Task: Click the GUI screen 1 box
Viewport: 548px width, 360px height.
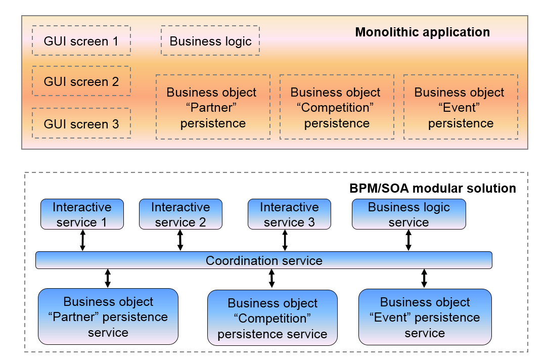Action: click(81, 40)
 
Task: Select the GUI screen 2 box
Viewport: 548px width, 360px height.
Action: click(81, 81)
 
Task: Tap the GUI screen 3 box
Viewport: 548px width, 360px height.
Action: click(81, 123)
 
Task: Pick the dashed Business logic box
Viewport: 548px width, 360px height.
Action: click(210, 41)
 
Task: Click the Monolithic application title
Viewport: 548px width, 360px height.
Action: click(422, 32)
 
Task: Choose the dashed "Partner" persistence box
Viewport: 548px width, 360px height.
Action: click(213, 107)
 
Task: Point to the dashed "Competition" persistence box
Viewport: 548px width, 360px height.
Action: click(337, 107)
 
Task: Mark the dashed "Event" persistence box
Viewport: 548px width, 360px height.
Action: click(461, 107)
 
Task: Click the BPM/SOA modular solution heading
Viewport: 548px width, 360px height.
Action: click(433, 189)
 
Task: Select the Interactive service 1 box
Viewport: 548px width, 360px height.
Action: click(82, 214)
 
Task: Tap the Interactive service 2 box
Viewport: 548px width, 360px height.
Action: click(180, 214)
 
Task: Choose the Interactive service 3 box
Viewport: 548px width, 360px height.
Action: click(289, 214)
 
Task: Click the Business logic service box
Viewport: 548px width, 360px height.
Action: click(408, 214)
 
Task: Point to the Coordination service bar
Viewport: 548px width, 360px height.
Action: click(264, 260)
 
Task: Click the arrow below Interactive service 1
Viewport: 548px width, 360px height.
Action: click(83, 240)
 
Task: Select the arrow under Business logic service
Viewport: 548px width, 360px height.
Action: click(408, 240)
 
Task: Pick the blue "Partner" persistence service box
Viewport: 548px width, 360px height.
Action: click(108, 317)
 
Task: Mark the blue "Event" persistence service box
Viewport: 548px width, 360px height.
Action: click(425, 317)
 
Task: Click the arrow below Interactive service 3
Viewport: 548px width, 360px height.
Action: click(285, 240)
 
